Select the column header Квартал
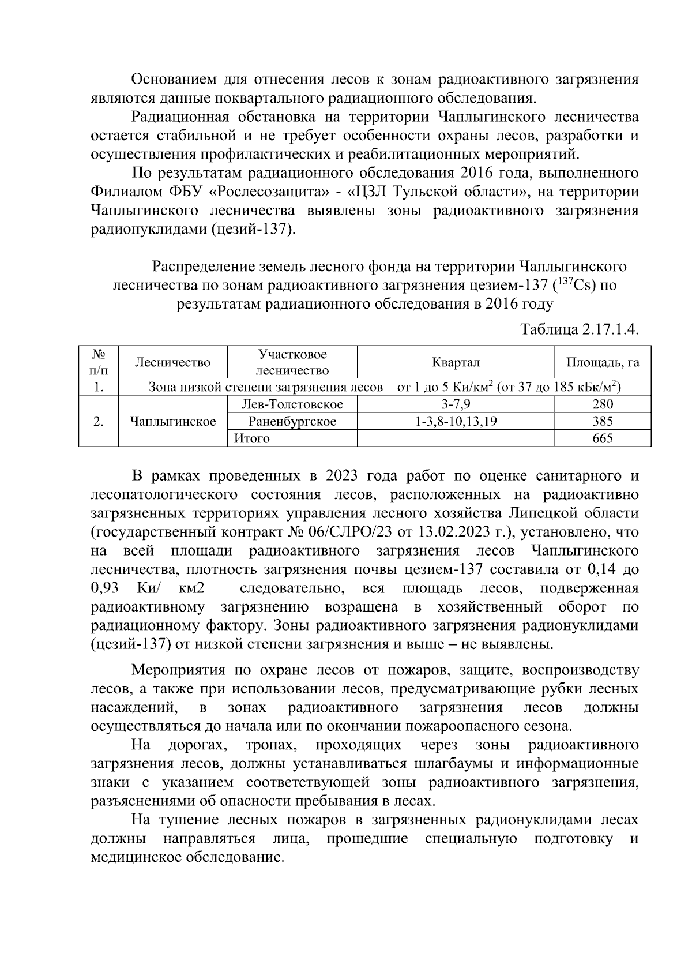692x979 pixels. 456,362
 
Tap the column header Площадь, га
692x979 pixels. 603,362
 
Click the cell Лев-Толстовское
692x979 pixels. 292,404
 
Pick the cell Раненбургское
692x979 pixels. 292,421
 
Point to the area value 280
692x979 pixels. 603,404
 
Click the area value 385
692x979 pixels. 603,421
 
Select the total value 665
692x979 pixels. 603,438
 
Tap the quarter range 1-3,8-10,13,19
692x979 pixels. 456,421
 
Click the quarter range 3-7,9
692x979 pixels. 456,404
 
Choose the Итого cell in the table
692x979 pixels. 252,438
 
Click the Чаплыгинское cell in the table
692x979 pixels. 173,421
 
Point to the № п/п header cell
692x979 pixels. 99,362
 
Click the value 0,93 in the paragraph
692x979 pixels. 105,588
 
